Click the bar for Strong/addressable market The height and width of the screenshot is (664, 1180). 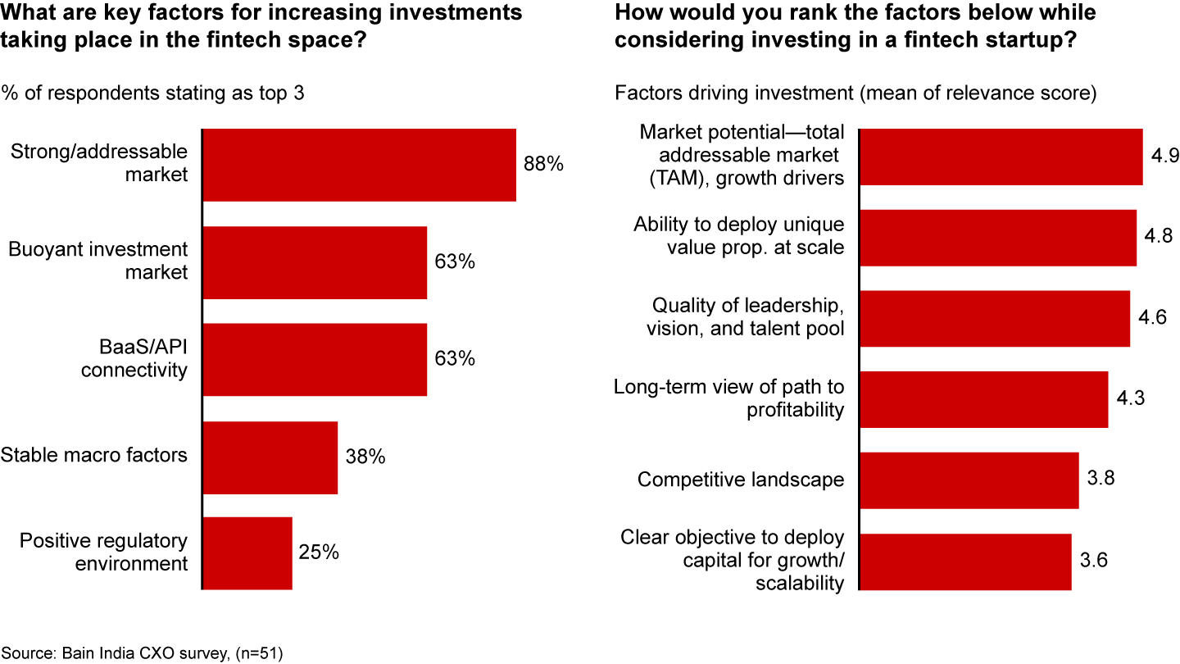coord(359,165)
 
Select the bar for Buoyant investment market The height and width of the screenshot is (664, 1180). coord(315,262)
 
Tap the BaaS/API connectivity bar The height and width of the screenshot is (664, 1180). coord(315,359)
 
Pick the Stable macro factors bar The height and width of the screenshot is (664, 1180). coord(270,457)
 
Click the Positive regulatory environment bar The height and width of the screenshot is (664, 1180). coord(247,553)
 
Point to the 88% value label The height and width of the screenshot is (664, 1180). coord(544,164)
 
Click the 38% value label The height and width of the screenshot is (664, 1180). coord(365,457)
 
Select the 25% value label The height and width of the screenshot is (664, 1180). coord(319,553)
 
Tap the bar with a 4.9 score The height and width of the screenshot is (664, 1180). coord(1001,157)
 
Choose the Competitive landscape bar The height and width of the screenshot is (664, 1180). coord(969,480)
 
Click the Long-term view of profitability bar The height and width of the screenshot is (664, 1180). coord(983,399)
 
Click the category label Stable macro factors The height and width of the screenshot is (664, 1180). coord(94,455)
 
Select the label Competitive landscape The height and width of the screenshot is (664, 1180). coord(741,480)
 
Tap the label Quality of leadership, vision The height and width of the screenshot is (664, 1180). coord(747,317)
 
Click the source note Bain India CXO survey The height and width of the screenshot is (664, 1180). coord(143,653)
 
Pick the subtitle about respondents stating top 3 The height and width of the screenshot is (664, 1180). coord(152,93)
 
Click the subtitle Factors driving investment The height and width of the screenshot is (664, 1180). coord(855,93)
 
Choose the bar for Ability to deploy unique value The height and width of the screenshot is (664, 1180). coord(997,238)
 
